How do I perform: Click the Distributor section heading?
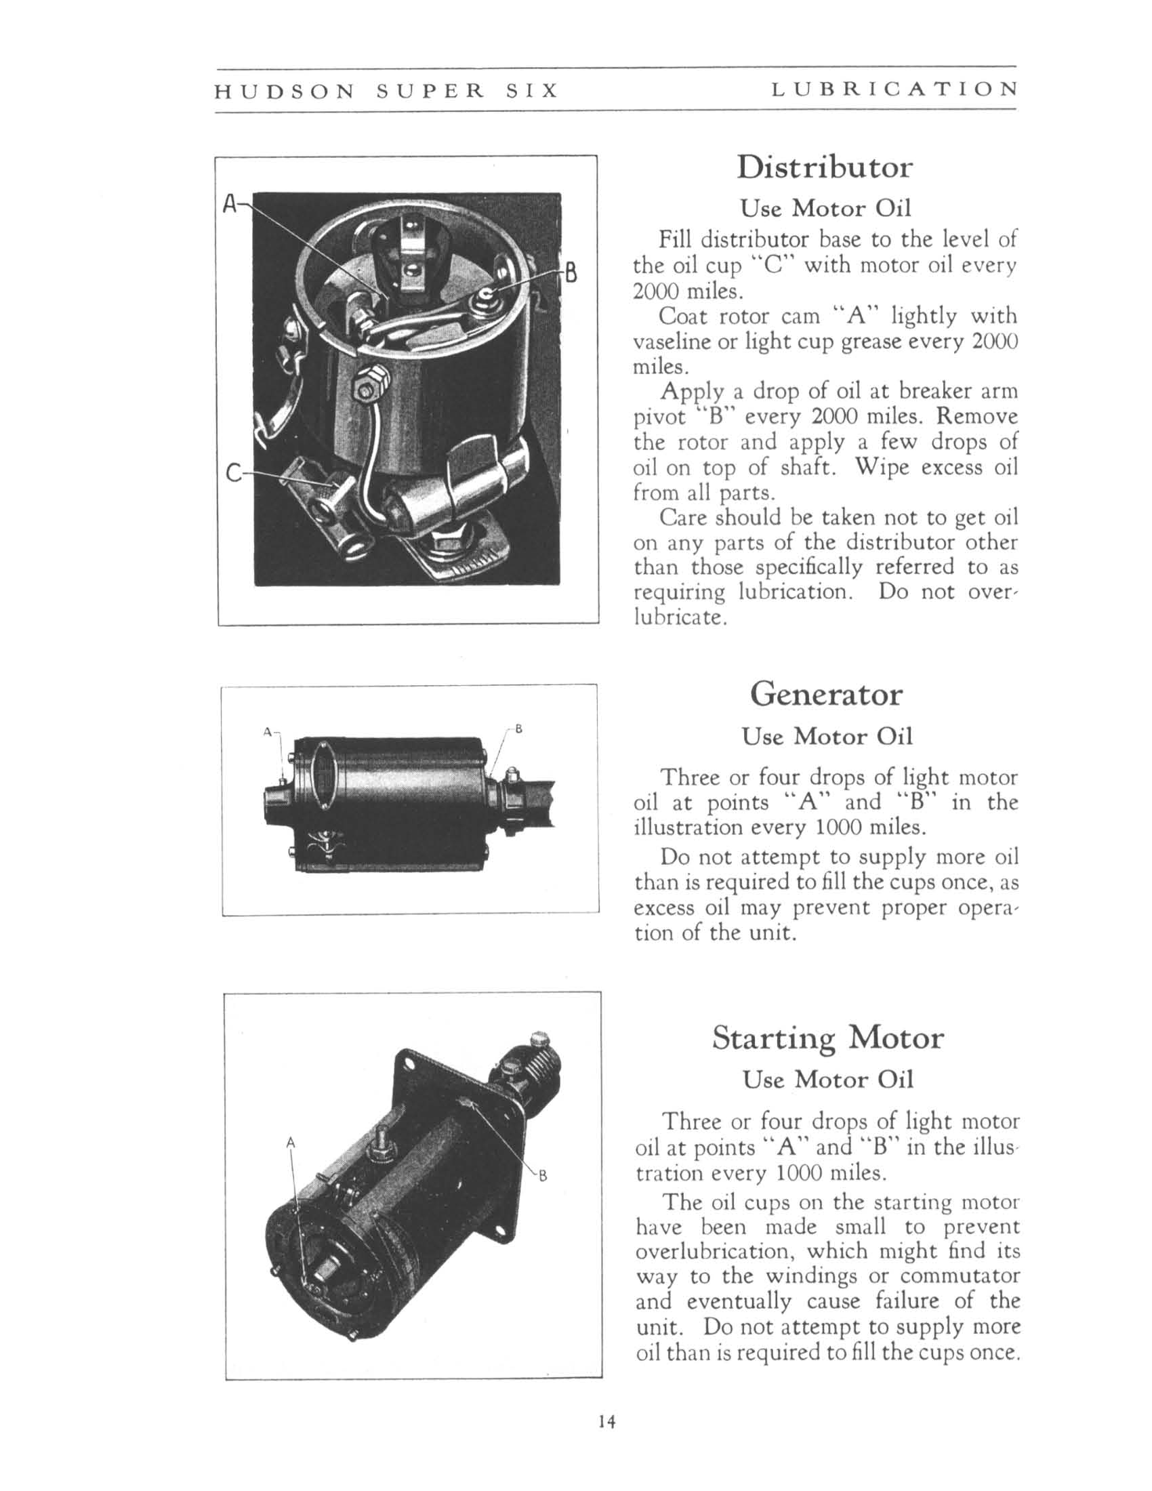click(x=824, y=168)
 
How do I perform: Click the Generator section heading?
click(x=826, y=695)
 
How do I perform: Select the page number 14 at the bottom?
click(x=606, y=1421)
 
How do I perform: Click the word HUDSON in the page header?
click(x=285, y=90)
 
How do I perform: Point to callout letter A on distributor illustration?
click(x=230, y=203)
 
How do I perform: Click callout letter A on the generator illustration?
click(x=268, y=732)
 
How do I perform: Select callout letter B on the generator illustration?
click(x=518, y=729)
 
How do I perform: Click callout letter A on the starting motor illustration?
click(x=291, y=1141)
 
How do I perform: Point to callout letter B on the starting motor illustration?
click(x=543, y=1176)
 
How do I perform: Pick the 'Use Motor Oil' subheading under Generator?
click(x=827, y=736)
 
